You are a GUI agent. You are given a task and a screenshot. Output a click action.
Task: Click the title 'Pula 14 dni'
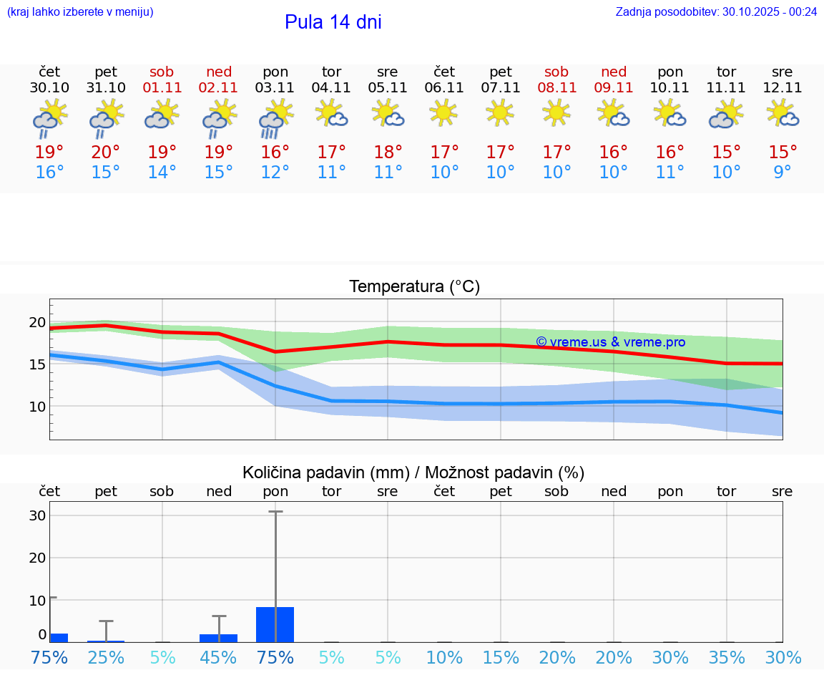pyautogui.click(x=333, y=22)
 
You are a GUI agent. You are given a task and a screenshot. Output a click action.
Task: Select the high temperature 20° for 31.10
pyautogui.click(x=106, y=152)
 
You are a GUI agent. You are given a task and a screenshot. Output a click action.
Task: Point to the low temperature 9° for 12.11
pyautogui.click(x=783, y=172)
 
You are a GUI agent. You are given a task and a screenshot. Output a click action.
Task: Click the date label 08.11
pyautogui.click(x=556, y=87)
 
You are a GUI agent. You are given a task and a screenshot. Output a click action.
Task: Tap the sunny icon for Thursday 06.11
pyautogui.click(x=444, y=112)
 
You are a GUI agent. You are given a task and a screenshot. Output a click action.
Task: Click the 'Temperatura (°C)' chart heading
pyautogui.click(x=414, y=286)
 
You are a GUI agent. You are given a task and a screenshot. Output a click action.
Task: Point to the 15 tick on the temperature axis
pyautogui.click(x=36, y=364)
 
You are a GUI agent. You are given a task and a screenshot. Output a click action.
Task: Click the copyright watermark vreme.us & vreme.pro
pyautogui.click(x=610, y=342)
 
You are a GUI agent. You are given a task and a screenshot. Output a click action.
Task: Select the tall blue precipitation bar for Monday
pyautogui.click(x=275, y=624)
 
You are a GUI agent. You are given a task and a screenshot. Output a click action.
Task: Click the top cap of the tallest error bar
pyautogui.click(x=275, y=511)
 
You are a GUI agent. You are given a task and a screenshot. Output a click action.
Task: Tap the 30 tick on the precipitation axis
pyautogui.click(x=38, y=515)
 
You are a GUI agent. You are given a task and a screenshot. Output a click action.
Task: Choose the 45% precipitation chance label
pyautogui.click(x=219, y=657)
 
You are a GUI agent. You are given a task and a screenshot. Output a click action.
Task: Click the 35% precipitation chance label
pyautogui.click(x=727, y=657)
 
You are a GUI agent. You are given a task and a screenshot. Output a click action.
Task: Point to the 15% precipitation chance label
pyautogui.click(x=501, y=657)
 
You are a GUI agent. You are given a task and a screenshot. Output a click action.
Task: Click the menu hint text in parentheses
pyautogui.click(x=80, y=11)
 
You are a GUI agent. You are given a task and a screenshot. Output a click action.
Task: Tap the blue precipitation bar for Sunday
pyautogui.click(x=219, y=638)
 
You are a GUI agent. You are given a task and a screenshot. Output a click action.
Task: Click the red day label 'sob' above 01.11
pyautogui.click(x=162, y=72)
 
